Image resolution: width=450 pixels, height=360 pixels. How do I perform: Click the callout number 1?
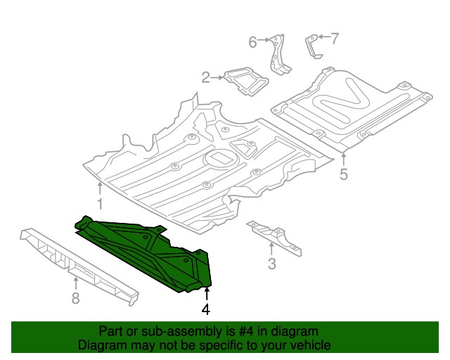100,203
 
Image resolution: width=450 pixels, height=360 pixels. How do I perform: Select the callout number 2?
206,77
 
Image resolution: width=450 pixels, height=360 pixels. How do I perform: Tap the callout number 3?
272,264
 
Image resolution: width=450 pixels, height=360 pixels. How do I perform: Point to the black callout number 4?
206,309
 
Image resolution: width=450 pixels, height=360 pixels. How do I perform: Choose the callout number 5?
344,174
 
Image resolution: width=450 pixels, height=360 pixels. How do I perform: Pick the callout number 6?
252,42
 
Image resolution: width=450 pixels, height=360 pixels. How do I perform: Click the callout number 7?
335,39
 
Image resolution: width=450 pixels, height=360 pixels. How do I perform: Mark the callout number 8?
75,298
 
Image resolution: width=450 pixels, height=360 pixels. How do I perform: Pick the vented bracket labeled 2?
246,82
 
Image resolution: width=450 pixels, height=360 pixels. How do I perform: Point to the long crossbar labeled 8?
79,266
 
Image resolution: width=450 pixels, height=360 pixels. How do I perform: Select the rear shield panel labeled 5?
352,109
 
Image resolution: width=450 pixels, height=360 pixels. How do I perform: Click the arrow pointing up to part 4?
207,295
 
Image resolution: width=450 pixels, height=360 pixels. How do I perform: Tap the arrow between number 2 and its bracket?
217,77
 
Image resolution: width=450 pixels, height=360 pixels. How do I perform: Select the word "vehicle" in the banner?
312,345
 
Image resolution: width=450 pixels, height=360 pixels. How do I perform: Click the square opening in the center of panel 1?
221,157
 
